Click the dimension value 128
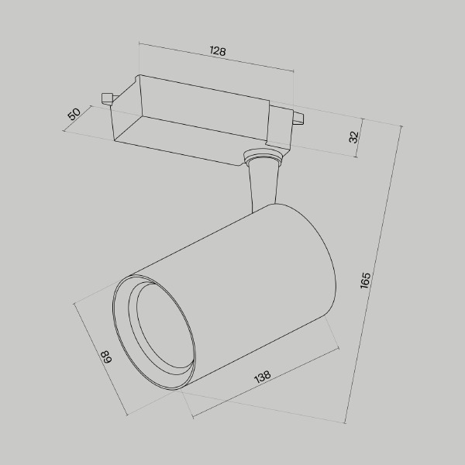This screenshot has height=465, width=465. [218, 52]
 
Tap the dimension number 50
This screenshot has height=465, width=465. [74, 114]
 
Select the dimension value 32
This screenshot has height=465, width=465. [353, 137]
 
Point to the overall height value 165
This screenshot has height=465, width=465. [365, 280]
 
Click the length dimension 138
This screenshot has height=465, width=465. [262, 377]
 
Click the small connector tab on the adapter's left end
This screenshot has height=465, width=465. [106, 98]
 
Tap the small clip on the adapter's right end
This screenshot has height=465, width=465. [297, 118]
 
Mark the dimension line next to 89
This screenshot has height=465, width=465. [101, 356]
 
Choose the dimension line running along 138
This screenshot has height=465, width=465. [263, 387]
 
